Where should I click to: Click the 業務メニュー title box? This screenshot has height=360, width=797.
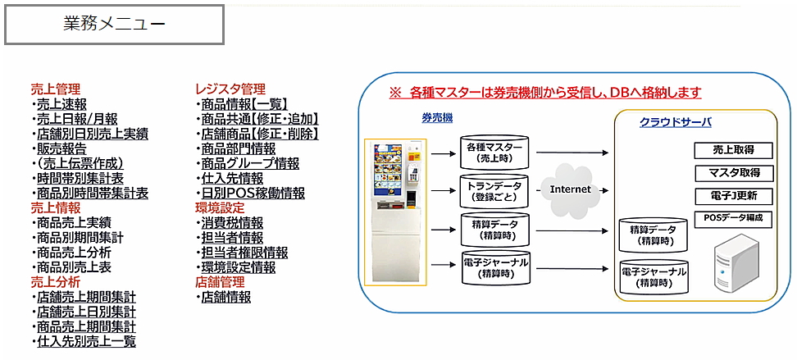coord(114,25)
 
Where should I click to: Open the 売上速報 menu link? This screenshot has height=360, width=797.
coord(61,104)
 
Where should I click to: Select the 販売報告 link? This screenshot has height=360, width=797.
coord(61,148)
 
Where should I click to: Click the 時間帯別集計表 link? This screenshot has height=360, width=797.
coord(80,178)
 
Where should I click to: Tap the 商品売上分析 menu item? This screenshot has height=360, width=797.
coord(74,253)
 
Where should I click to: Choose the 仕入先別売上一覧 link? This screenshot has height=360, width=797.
coord(86,341)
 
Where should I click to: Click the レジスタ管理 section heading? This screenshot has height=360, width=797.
coord(230,89)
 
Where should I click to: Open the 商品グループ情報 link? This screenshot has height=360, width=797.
coord(250,163)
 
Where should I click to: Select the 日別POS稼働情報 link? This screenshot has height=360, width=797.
coord(253,194)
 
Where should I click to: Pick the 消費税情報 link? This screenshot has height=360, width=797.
coord(232,223)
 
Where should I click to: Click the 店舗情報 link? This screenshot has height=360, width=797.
coord(225,297)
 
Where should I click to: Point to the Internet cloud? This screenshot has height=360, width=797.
coord(571,189)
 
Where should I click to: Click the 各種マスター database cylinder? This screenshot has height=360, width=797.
coord(494,152)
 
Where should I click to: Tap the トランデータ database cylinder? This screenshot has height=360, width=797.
coord(494,191)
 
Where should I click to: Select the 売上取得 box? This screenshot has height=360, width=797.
coord(734,151)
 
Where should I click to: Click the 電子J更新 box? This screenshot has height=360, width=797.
coord(734,196)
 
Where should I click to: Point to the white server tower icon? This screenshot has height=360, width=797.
coord(736,263)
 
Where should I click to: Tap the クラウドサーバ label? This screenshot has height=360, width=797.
coord(675,122)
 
